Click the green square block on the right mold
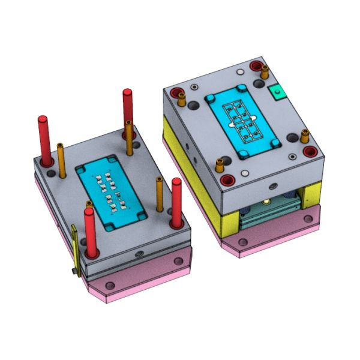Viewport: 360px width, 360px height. [277, 92]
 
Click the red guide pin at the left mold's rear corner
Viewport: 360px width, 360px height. [128, 108]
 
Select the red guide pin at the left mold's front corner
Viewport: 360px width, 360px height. [90, 231]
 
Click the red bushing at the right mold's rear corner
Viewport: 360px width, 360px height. [257, 65]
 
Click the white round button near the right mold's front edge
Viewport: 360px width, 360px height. [244, 173]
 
